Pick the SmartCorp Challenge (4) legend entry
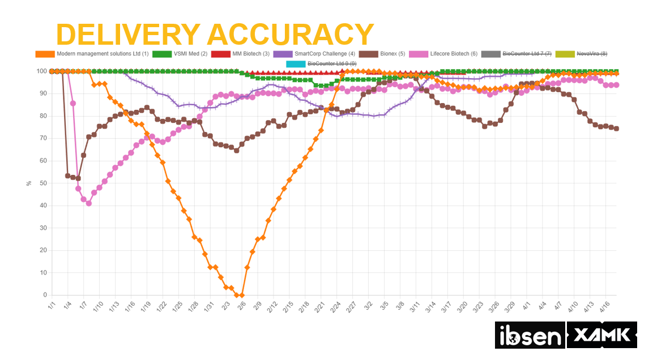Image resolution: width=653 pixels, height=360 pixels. (314, 54)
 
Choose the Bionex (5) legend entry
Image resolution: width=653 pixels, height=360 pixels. (385, 54)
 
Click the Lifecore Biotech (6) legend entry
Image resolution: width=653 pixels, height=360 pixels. (447, 54)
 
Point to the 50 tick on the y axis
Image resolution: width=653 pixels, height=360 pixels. (43, 183)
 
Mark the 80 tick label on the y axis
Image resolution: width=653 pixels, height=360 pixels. (43, 116)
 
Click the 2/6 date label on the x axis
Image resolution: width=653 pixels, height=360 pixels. (241, 306)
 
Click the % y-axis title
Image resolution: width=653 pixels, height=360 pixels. (29, 183)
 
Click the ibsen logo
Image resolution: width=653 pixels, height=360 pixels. (530, 335)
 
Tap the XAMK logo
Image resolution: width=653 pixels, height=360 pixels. (601, 335)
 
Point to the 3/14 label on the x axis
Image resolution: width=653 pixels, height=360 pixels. (430, 306)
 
